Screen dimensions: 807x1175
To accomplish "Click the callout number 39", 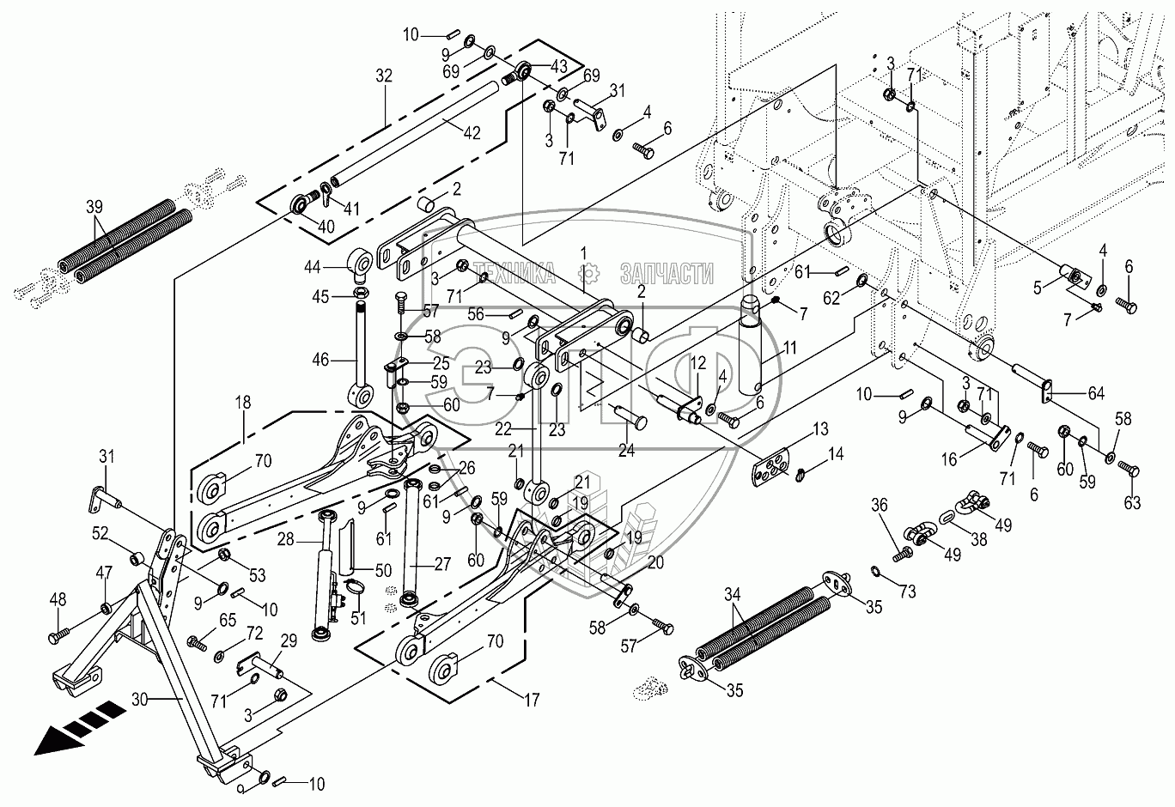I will [94, 206].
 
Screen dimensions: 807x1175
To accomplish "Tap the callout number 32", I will [383, 76].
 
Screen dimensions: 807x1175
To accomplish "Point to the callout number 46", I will [320, 361].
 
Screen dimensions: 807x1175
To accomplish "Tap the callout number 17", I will [532, 701].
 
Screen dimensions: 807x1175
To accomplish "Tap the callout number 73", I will [908, 592].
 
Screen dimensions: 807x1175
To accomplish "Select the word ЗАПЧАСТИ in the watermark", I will [667, 274].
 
